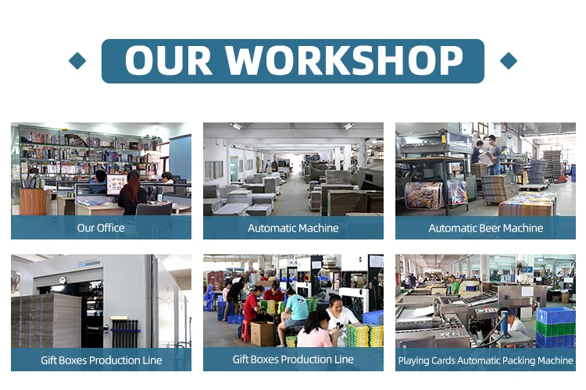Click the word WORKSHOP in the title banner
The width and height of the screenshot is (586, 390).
click(x=344, y=60)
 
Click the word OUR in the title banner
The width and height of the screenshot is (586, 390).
click(x=169, y=61)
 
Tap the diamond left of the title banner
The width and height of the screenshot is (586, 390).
click(x=77, y=61)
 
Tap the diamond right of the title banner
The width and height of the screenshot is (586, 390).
click(x=509, y=61)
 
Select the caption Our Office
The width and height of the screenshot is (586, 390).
click(x=101, y=228)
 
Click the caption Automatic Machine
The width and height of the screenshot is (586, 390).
click(x=293, y=228)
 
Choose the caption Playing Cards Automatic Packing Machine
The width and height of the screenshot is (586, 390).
click(x=485, y=360)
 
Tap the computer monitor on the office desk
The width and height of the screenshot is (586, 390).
click(x=116, y=184)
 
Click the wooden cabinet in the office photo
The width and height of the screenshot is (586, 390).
click(x=33, y=201)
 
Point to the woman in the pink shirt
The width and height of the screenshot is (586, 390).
click(x=315, y=329)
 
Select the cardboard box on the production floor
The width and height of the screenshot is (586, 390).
click(x=262, y=334)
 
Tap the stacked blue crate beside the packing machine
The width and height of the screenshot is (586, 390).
click(x=556, y=315)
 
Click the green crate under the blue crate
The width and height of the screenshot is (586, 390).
click(x=556, y=328)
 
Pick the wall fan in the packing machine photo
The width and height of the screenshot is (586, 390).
click(x=520, y=267)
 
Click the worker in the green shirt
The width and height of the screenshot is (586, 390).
click(x=454, y=285)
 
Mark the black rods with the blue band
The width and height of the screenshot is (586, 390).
click(x=125, y=330)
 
